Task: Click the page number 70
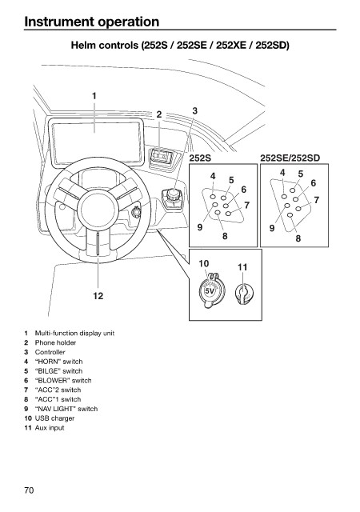(29, 490)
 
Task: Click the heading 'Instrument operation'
(92, 22)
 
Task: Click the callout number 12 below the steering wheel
(98, 296)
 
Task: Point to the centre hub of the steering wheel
(98, 208)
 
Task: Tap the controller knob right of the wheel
(173, 197)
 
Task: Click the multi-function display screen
(96, 142)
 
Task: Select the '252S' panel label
(200, 158)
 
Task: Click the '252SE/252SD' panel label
(290, 158)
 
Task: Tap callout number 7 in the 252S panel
(246, 205)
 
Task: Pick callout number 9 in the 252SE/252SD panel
(272, 228)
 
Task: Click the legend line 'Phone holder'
(55, 342)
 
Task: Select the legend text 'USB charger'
(54, 418)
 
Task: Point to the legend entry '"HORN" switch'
(58, 362)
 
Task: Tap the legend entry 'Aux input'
(50, 427)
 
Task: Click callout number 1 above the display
(94, 96)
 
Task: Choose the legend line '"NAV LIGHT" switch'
(66, 409)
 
